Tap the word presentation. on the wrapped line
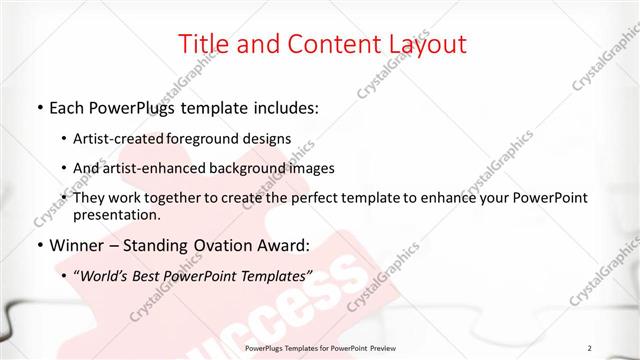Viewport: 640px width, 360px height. [x=117, y=214]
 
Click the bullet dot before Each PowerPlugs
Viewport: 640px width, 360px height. [x=39, y=106]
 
